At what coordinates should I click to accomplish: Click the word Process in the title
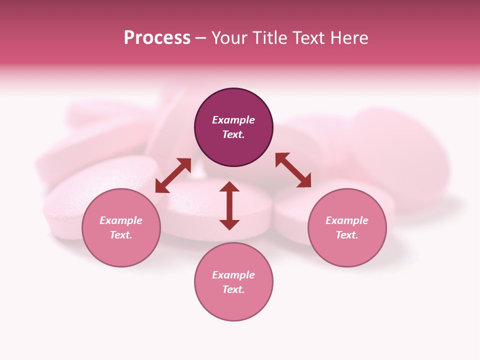(x=157, y=38)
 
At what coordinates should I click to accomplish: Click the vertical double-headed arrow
(x=229, y=205)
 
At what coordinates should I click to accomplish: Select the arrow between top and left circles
(x=173, y=175)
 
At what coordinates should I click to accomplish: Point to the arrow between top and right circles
(x=293, y=170)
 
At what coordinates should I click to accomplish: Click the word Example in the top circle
(x=233, y=120)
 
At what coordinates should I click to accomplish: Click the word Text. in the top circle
(x=233, y=134)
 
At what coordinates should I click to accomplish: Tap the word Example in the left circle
(x=121, y=220)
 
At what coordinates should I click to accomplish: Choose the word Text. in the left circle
(x=121, y=235)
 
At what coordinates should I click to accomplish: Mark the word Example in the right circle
(x=347, y=220)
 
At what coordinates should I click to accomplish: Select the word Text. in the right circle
(x=347, y=235)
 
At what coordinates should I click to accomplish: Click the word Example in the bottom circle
(x=233, y=275)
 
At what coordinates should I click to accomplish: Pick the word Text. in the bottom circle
(x=233, y=289)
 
